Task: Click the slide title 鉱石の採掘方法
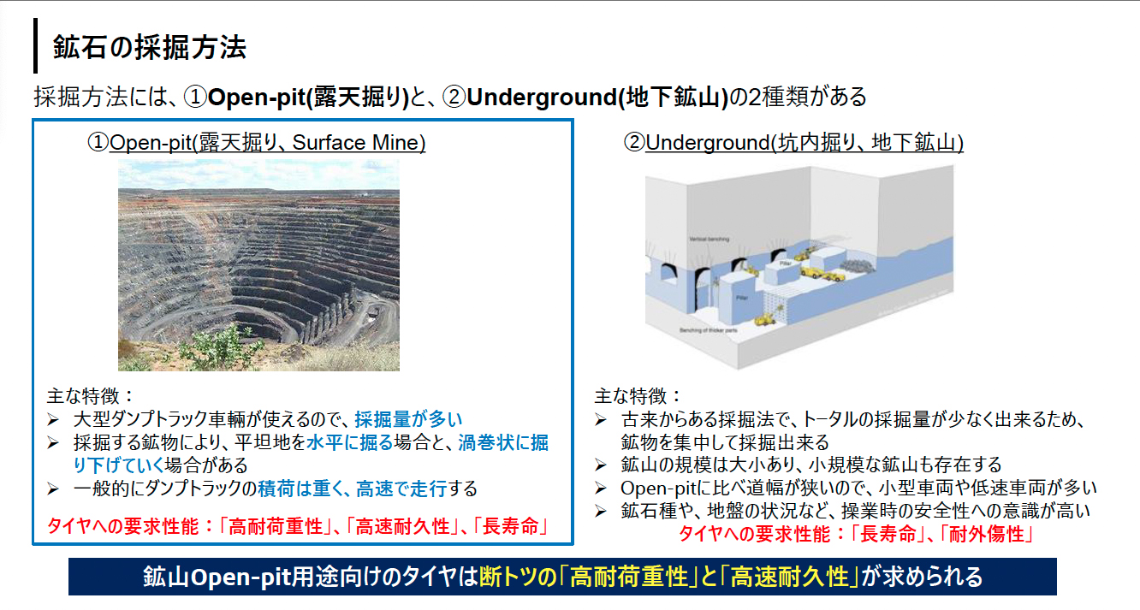point(150,47)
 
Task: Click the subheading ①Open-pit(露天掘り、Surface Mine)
point(256,143)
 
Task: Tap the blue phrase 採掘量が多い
point(408,418)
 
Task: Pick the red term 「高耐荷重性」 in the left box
point(276,525)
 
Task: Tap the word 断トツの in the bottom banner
point(514,576)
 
